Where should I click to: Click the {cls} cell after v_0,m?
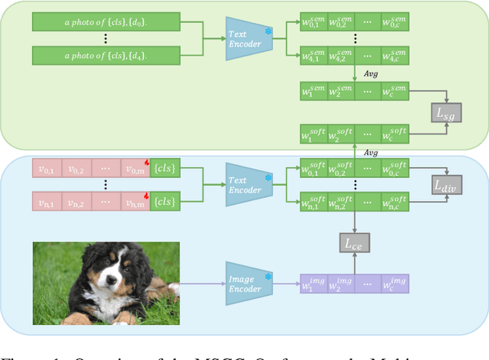(x=164, y=168)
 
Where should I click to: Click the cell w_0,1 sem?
(x=313, y=21)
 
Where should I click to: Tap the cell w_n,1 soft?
(x=313, y=203)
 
